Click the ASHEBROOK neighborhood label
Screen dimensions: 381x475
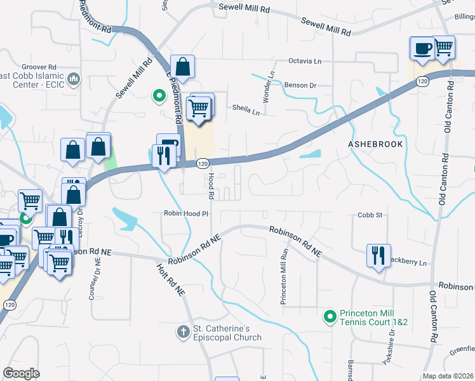(375, 144)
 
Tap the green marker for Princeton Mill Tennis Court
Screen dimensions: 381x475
(330, 316)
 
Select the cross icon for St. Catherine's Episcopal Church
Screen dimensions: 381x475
(183, 331)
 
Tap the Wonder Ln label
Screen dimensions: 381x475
(268, 87)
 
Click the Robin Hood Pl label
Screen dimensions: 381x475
(186, 214)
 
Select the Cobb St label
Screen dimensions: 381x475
(369, 215)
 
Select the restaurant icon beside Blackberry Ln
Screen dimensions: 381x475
(378, 255)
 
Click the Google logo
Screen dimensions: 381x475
(22, 373)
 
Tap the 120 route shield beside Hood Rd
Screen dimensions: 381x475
(202, 164)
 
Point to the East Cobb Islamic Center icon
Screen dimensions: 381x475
(74, 79)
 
